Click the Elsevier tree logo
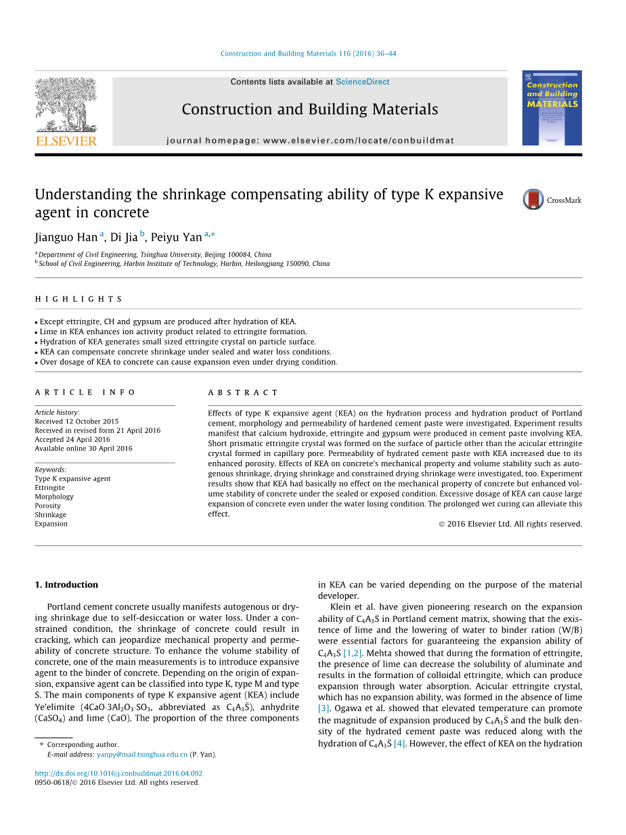(x=66, y=104)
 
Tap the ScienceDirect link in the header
(x=362, y=82)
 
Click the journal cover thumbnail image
(x=552, y=108)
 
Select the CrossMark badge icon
(x=533, y=200)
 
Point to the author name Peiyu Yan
(x=177, y=237)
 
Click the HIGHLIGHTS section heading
(x=79, y=299)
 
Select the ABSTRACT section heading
(x=243, y=392)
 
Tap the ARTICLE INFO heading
(x=85, y=392)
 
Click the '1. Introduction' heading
(x=66, y=585)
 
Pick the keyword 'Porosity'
(x=47, y=505)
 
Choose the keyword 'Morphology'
(x=54, y=497)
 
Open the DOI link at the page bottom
(x=118, y=773)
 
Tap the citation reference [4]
(x=399, y=744)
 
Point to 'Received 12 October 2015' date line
(x=76, y=422)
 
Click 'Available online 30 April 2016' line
(x=83, y=449)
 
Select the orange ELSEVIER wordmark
(x=66, y=141)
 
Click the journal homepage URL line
(x=310, y=141)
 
